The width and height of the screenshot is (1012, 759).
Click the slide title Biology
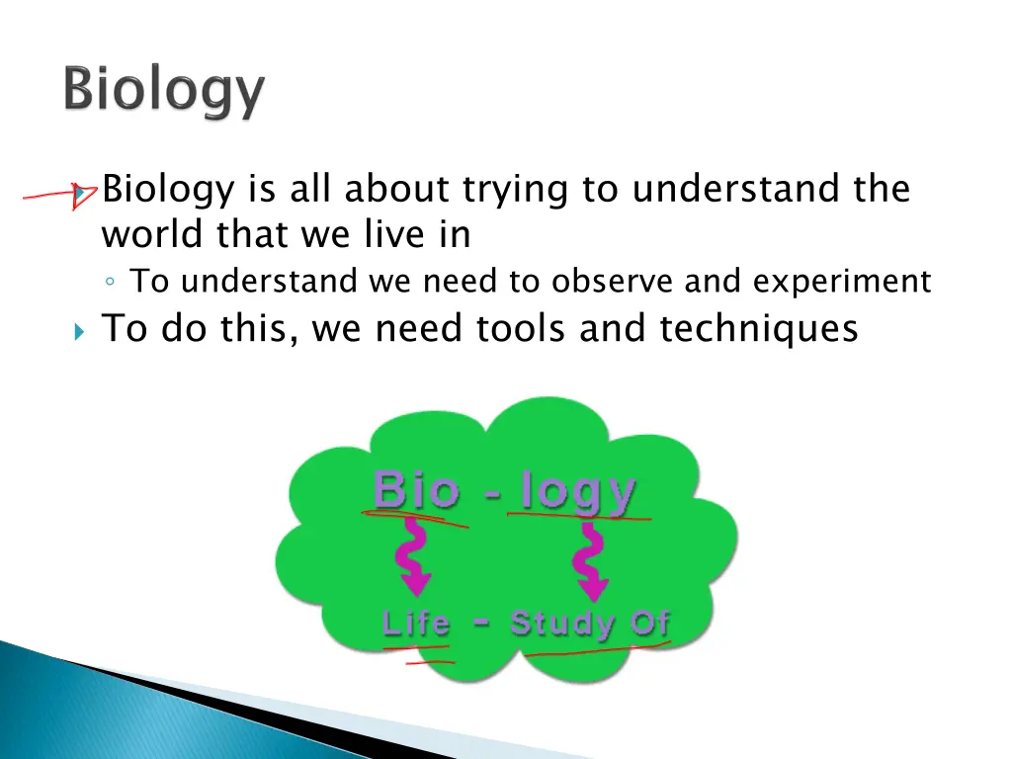tap(165, 93)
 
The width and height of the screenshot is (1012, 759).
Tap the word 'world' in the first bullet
tap(149, 235)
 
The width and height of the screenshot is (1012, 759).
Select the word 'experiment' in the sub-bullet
tap(841, 283)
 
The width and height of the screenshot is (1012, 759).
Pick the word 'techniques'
tap(759, 328)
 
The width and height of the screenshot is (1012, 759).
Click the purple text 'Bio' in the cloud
tap(415, 490)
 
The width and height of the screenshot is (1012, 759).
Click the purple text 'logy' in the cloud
tap(578, 492)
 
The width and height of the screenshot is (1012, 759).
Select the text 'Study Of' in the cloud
tap(590, 625)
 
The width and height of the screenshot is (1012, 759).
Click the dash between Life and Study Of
tap(481, 623)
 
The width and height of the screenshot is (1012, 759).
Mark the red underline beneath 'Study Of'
tap(597, 650)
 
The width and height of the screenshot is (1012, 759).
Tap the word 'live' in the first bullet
tap(390, 235)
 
